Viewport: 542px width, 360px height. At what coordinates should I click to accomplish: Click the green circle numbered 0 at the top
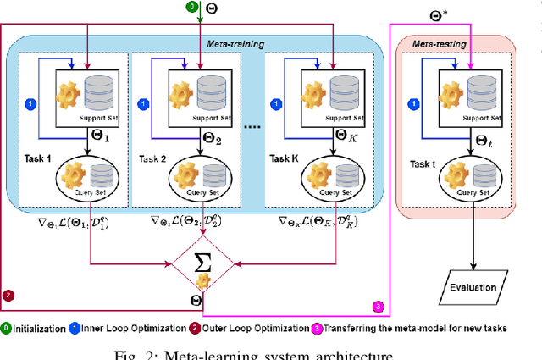tap(191, 7)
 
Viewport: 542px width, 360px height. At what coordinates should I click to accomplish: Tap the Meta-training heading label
tap(235, 42)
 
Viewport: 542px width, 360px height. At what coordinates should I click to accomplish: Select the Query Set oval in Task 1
tap(85, 180)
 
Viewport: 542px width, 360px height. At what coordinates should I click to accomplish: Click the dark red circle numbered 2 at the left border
tap(8, 296)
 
